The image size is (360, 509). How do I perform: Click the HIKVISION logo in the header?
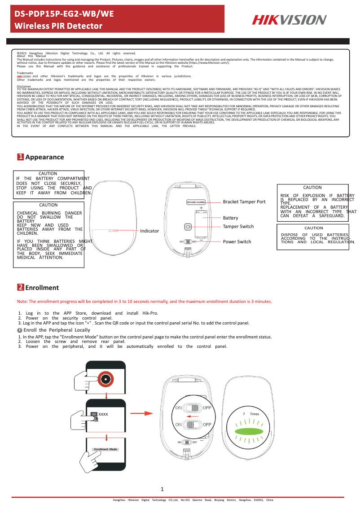coord(289,20)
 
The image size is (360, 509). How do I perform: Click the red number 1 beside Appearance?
coord(20,157)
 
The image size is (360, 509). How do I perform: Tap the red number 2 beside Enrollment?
coord(20,287)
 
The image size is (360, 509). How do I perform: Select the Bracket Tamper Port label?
coord(244,202)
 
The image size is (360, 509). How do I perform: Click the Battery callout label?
coord(230,218)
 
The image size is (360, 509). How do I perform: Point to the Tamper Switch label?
coord(238,226)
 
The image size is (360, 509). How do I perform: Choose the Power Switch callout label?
coord(237,241)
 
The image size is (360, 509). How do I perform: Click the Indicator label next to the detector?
coord(149,231)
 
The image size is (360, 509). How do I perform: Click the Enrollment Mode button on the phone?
coord(105,449)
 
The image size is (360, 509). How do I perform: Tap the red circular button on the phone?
coord(105,379)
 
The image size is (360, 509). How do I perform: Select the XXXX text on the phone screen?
coord(103,414)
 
